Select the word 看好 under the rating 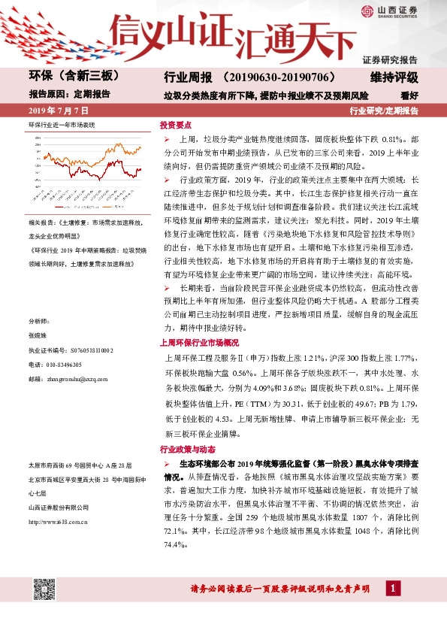pyautogui.click(x=409, y=95)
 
